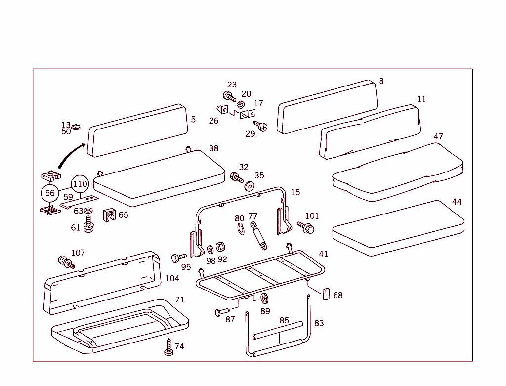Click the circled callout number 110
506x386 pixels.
point(80,184)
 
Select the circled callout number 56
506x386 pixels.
point(50,193)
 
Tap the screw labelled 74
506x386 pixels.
point(169,347)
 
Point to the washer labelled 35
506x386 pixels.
point(250,186)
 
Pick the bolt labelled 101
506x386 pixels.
point(306,227)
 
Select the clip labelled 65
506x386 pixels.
point(108,215)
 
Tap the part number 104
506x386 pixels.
point(172,279)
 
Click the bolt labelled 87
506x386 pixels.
point(222,312)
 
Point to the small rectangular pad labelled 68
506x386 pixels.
point(326,294)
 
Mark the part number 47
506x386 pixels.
point(438,136)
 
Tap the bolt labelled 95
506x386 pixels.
point(178,257)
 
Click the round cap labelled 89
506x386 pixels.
point(264,298)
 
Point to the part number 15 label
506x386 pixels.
point(295,192)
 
